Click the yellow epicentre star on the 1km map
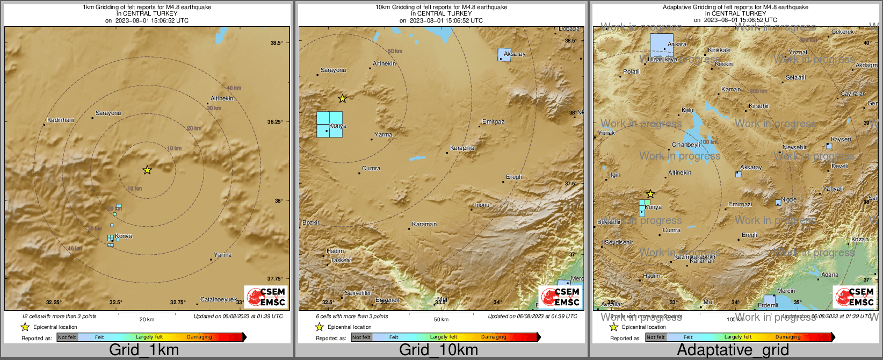[x=147, y=170]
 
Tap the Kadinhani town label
[x=61, y=120]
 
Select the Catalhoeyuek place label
[x=219, y=300]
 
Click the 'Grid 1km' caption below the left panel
[x=144, y=350]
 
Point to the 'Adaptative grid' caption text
[x=733, y=350]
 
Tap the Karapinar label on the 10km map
[x=463, y=148]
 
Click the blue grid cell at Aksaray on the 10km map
[x=504, y=54]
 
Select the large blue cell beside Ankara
[x=661, y=45]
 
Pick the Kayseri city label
[x=841, y=139]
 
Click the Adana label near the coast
[x=830, y=275]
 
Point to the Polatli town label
[x=632, y=71]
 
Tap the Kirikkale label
[x=719, y=50]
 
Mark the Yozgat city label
[x=798, y=52]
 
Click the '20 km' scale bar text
[x=147, y=320]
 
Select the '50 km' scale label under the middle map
[x=441, y=320]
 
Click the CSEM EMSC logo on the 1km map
[x=266, y=297]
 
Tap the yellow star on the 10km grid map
[x=343, y=98]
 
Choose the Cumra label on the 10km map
[x=371, y=169]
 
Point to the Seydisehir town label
[x=619, y=242]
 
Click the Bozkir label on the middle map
[x=311, y=222]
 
